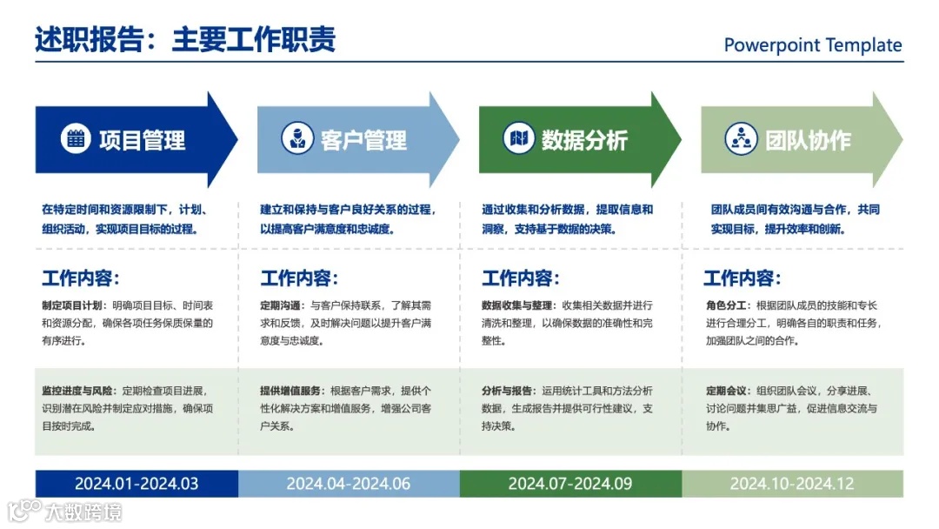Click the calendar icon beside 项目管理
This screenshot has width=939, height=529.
pyautogui.click(x=76, y=138)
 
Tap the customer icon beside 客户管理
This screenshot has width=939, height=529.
pyautogui.click(x=296, y=138)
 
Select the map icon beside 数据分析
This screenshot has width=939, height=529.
pyautogui.click(x=518, y=138)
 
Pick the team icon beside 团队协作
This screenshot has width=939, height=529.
pyautogui.click(x=740, y=138)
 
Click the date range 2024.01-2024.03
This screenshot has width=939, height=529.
pyautogui.click(x=137, y=484)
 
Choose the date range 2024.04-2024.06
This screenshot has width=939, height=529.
pyautogui.click(x=349, y=484)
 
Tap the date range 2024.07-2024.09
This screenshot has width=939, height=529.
pyautogui.click(x=570, y=484)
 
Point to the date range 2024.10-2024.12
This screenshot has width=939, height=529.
pyautogui.click(x=792, y=484)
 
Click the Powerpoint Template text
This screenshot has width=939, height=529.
pyautogui.click(x=813, y=45)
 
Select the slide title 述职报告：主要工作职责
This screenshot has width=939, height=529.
pyautogui.click(x=185, y=40)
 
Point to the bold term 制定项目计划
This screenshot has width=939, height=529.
pyautogui.click(x=73, y=305)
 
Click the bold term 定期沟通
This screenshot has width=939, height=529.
pyautogui.click(x=282, y=305)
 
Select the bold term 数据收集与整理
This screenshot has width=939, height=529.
pyautogui.click(x=517, y=305)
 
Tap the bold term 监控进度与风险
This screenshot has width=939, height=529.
pyautogui.click(x=78, y=391)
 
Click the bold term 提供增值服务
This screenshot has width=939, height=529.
pyautogui.click(x=291, y=391)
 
